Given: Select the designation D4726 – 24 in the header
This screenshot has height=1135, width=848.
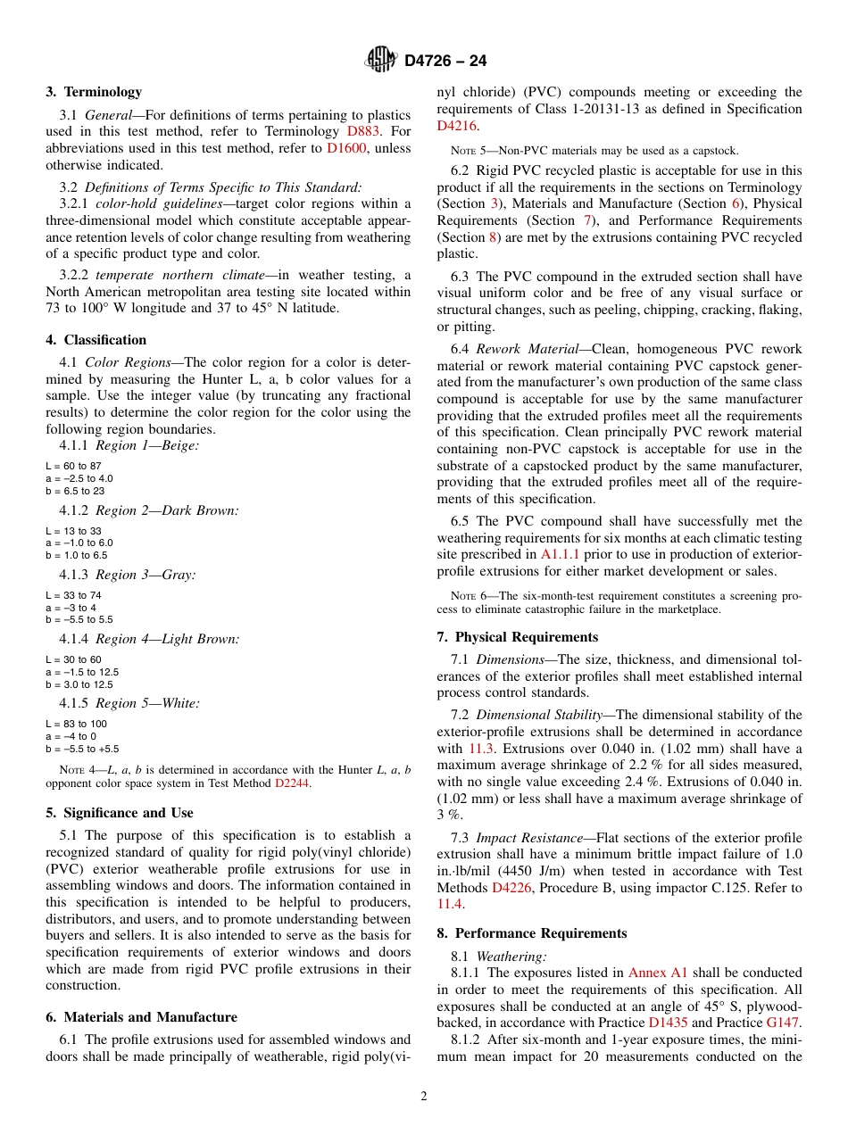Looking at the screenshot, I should tap(445, 62).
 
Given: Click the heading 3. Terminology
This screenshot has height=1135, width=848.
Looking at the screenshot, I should tap(94, 92).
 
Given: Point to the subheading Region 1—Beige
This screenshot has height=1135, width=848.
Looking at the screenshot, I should tap(147, 446).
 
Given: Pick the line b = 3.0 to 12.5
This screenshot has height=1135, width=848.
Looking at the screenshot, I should tap(79, 684).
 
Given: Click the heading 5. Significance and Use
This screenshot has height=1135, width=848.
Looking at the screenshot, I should tap(120, 813).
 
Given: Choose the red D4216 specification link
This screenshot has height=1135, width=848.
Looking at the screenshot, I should tap(456, 126).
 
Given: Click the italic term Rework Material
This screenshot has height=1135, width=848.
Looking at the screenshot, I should tap(514, 349).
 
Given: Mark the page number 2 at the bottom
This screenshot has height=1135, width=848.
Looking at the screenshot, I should tap(424, 1097).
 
